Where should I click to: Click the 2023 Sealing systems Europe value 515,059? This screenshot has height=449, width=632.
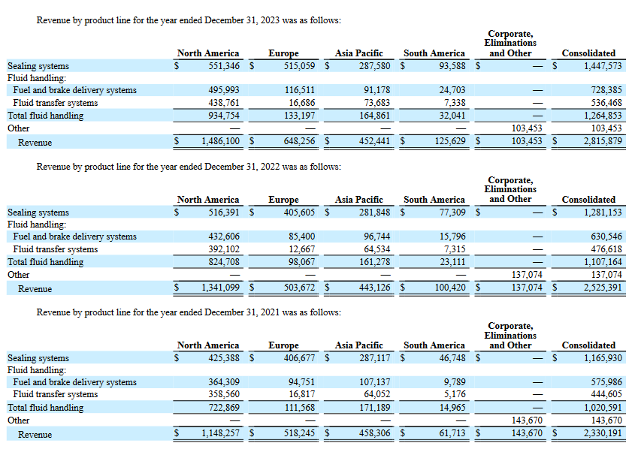click(300, 65)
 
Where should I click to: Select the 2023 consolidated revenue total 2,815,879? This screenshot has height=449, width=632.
click(603, 141)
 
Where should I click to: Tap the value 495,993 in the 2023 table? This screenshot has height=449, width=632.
click(224, 90)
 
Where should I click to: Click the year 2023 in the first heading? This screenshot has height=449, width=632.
click(270, 20)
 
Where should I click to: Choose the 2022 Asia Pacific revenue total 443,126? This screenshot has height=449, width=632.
click(374, 288)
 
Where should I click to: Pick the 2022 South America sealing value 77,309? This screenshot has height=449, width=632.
click(452, 212)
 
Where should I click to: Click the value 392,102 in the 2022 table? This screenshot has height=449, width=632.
click(224, 249)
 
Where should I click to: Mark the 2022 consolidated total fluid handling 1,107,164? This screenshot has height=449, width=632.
click(603, 262)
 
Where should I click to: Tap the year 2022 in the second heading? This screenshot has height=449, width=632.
click(270, 167)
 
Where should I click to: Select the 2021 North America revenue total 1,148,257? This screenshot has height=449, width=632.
click(220, 433)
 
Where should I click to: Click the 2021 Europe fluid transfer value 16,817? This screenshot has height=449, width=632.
click(302, 394)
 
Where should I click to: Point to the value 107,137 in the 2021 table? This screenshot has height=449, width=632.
click(374, 381)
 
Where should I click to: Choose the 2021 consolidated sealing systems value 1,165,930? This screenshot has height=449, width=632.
click(603, 358)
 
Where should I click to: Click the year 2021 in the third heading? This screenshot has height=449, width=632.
click(270, 312)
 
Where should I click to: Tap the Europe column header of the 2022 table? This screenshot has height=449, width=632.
click(284, 200)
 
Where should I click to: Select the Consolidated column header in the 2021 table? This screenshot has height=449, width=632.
click(588, 345)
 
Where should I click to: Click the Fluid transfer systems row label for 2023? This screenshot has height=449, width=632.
click(55, 103)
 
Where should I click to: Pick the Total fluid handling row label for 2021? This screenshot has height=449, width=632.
click(46, 408)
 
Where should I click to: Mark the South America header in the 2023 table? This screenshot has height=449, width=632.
click(434, 53)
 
